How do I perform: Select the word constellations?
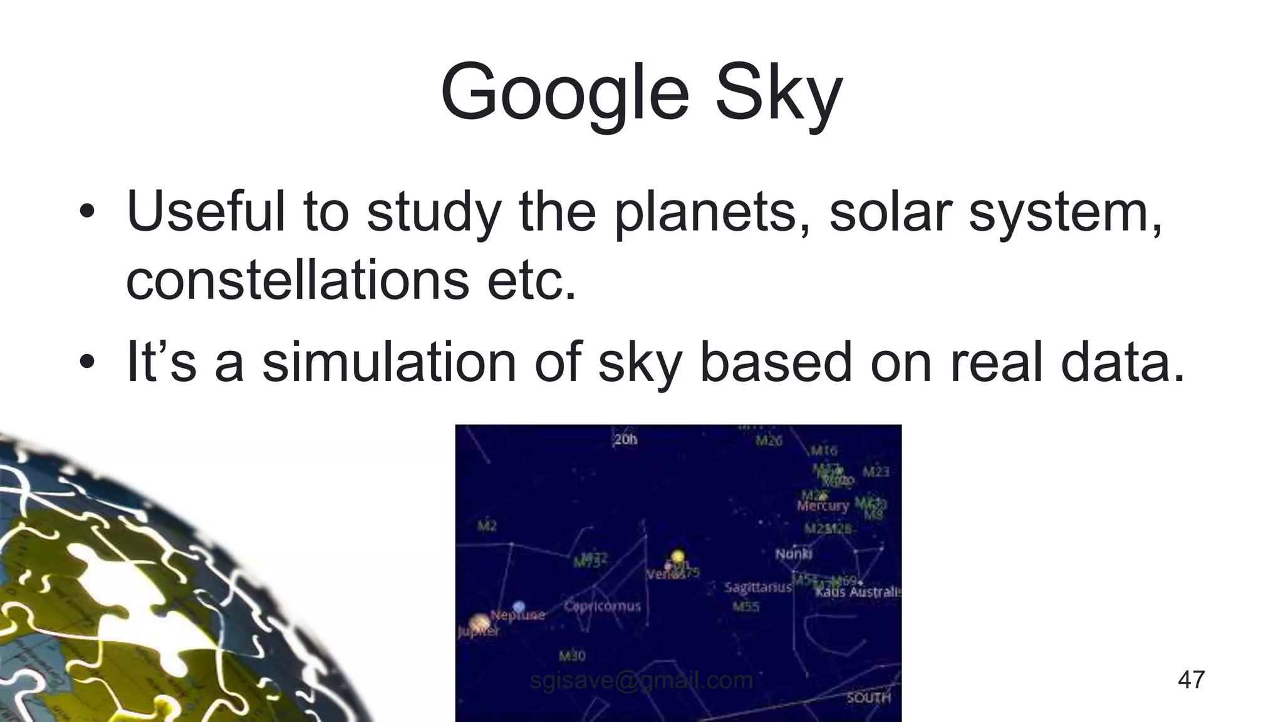[297, 280]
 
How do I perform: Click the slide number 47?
[1191, 679]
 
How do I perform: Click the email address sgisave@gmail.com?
[641, 679]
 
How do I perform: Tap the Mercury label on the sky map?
[823, 506]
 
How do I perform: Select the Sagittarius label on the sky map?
[758, 587]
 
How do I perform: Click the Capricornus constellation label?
[602, 606]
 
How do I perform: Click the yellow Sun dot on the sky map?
[677, 557]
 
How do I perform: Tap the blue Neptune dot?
[519, 606]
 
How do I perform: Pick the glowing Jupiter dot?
[479, 622]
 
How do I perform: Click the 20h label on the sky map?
[625, 439]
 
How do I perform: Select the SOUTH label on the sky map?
[868, 698]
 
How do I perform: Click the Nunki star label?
[793, 553]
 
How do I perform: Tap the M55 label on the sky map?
[745, 607]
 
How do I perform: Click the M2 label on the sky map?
[487, 526]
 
